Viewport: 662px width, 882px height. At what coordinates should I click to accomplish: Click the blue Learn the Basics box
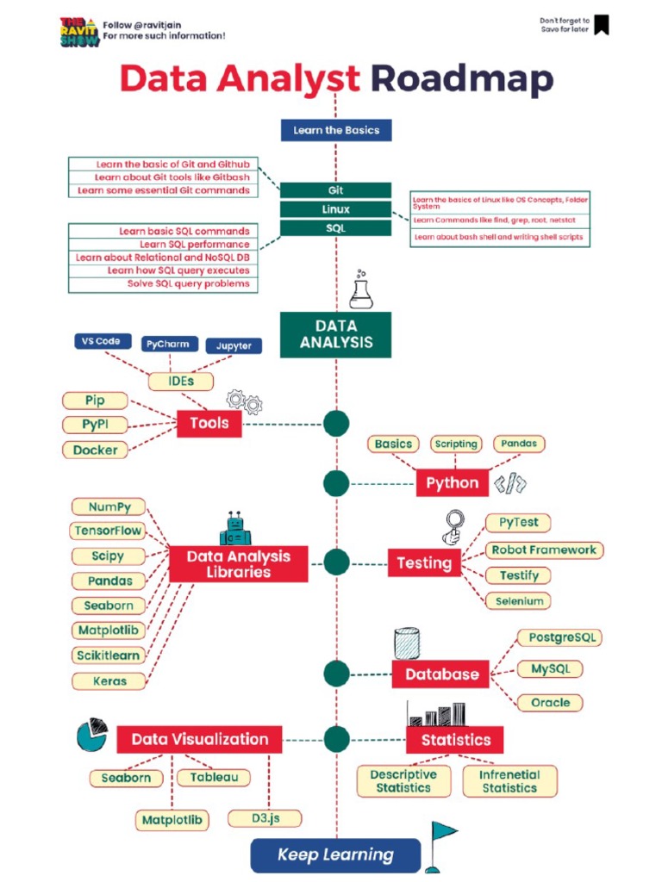336,130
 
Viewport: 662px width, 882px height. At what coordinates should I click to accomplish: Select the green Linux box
336,209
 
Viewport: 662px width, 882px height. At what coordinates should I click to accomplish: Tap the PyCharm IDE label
167,344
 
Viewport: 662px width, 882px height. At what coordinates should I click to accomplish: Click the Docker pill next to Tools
95,450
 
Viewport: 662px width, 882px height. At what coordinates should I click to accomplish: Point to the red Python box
452,483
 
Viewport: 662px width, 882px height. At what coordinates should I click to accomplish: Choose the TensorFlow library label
108,531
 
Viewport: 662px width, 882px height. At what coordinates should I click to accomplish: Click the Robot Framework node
543,550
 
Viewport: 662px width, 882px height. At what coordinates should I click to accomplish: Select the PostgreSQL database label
559,638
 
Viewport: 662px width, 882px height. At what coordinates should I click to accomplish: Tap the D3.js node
265,818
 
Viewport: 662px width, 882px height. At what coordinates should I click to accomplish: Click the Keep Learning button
335,855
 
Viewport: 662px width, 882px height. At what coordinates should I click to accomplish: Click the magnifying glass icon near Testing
453,526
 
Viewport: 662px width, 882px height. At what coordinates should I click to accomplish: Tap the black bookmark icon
602,25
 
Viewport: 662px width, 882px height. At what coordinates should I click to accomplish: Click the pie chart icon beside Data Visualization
92,734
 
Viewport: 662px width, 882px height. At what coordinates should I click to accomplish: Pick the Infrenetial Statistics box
509,781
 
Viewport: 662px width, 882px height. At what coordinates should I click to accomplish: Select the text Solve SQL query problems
188,283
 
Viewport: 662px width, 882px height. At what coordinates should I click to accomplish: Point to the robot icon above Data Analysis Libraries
234,529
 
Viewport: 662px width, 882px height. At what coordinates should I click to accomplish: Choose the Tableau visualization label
214,778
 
